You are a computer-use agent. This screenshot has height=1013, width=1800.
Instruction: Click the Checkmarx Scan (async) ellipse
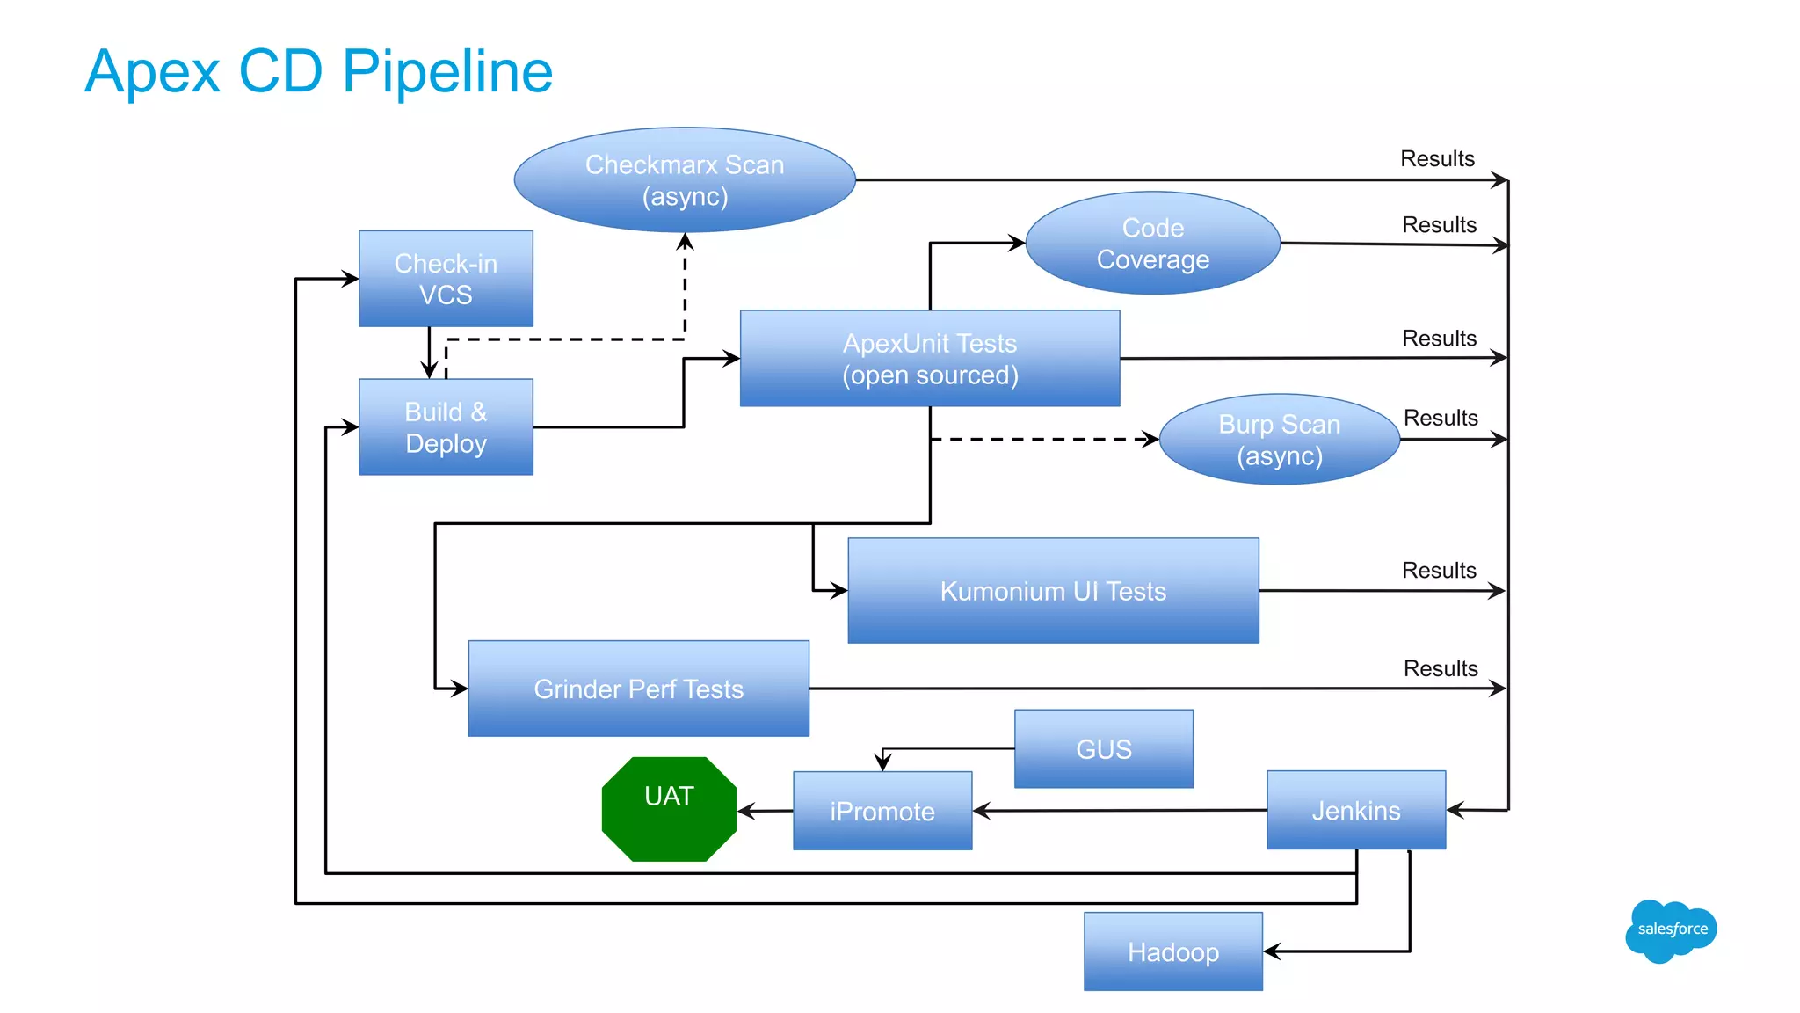coord(685,180)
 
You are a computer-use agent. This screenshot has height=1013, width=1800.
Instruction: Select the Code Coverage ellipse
coord(1152,244)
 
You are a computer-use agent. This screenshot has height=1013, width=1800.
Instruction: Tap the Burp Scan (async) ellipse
coord(1279,440)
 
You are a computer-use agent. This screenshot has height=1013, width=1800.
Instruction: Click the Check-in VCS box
coord(446,279)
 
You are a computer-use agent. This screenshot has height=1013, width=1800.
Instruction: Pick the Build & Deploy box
coord(446,427)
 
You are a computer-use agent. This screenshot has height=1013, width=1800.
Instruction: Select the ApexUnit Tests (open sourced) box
coord(930,359)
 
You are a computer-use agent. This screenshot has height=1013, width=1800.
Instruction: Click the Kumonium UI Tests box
coord(1053,591)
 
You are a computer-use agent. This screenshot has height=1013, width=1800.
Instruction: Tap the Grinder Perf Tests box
coord(638,689)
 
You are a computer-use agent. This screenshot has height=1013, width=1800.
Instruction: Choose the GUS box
coord(1104,749)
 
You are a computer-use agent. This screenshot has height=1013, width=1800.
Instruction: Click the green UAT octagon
coord(669,809)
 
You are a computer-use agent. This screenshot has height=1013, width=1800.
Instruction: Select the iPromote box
coord(882,811)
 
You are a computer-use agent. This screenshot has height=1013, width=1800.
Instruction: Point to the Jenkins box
coord(1356,810)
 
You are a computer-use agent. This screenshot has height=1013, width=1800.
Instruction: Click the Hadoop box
coord(1173,951)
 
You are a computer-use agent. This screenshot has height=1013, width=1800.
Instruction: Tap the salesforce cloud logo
coord(1671,930)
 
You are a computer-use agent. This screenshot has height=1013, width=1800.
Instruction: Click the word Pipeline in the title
coord(447,72)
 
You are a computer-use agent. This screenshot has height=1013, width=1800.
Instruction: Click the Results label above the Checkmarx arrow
coord(1437,159)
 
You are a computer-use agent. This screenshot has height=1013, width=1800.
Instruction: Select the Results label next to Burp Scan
coord(1441,419)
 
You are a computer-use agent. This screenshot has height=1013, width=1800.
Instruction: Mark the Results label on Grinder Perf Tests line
coord(1441,669)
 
